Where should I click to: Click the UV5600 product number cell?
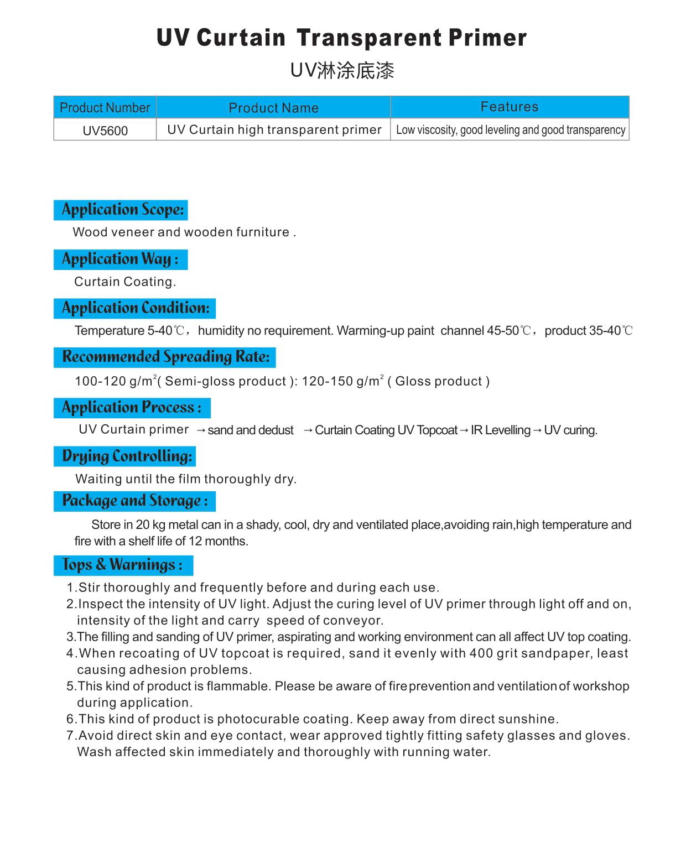(x=105, y=131)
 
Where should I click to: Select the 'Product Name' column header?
(x=273, y=108)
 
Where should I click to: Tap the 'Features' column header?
(x=509, y=107)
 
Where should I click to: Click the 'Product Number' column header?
(x=105, y=108)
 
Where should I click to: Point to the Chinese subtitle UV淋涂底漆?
(x=342, y=71)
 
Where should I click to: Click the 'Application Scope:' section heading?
(x=122, y=210)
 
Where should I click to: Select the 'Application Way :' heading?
(x=120, y=259)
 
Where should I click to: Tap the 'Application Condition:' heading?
(x=136, y=308)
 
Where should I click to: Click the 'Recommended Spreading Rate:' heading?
(x=165, y=357)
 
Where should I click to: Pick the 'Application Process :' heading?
(x=132, y=408)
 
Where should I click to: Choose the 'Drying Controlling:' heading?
(x=127, y=456)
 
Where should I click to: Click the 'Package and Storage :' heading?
(x=134, y=501)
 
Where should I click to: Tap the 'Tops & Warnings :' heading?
(x=122, y=565)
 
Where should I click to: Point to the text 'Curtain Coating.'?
(x=125, y=282)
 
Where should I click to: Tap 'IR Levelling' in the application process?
(x=500, y=430)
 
